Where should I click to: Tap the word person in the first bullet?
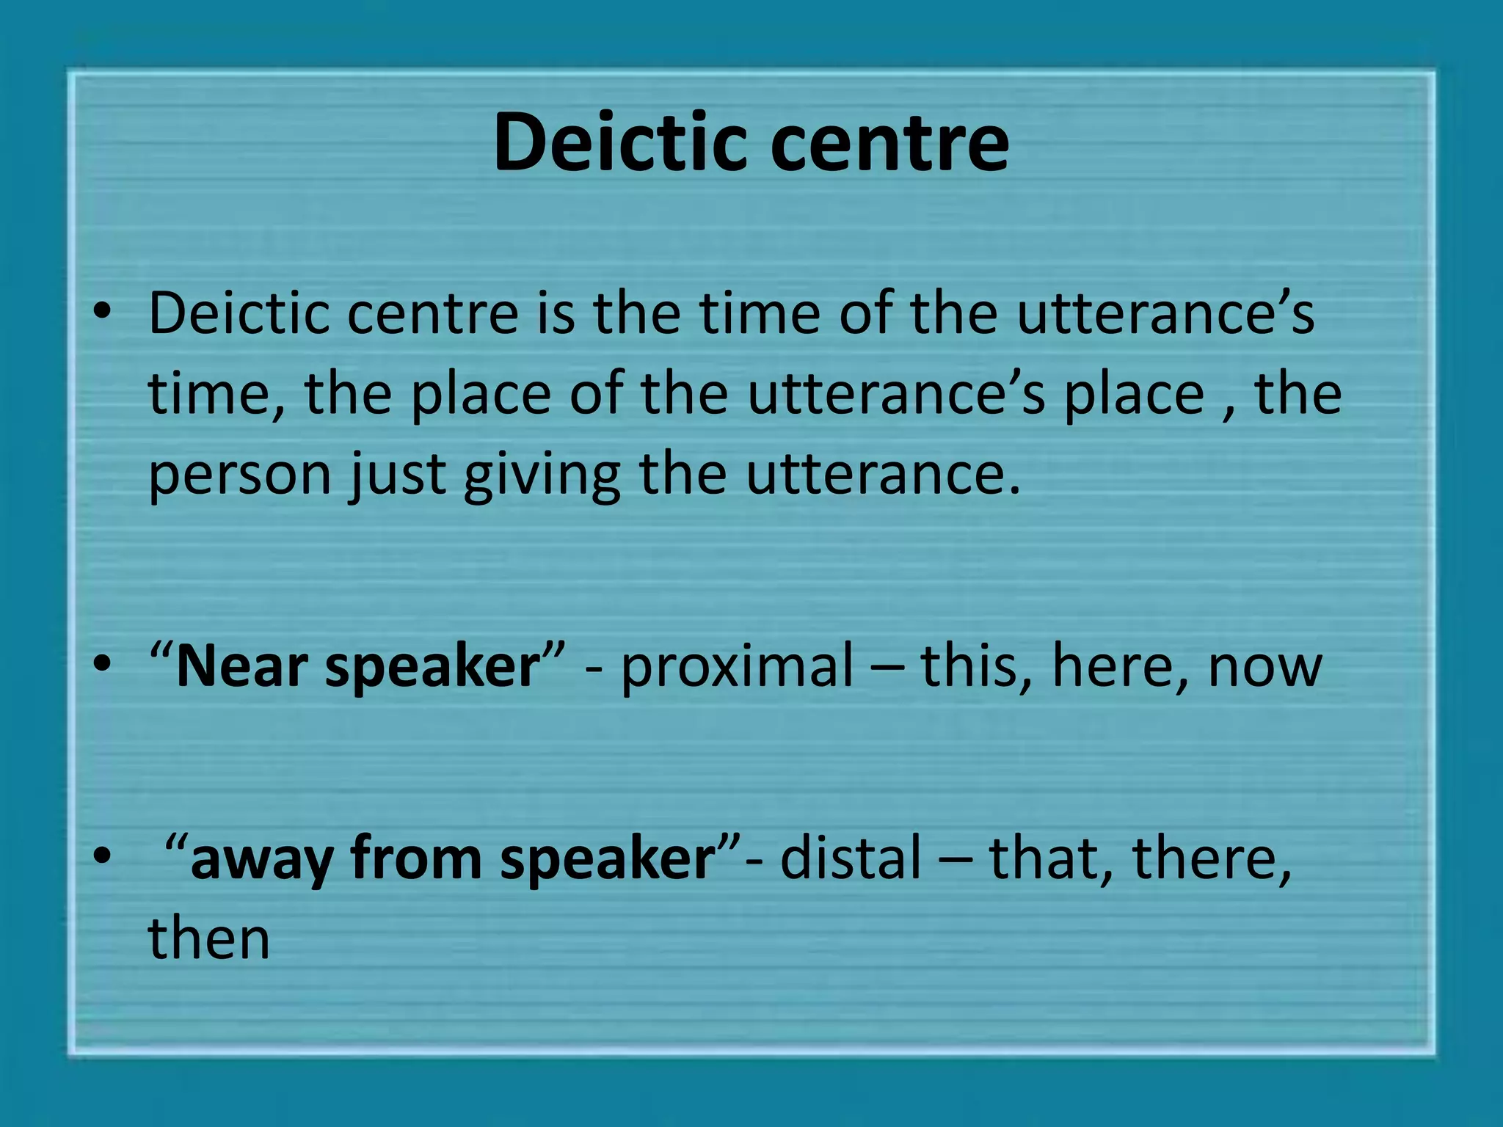(240, 475)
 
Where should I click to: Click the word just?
(397, 474)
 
